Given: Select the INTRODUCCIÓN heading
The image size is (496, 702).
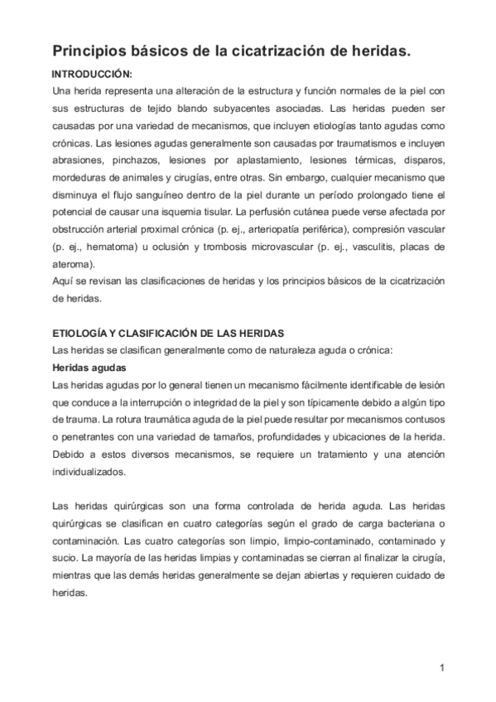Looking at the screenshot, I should click(92, 75).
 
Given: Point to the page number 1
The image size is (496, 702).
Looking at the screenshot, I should click(443, 668).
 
